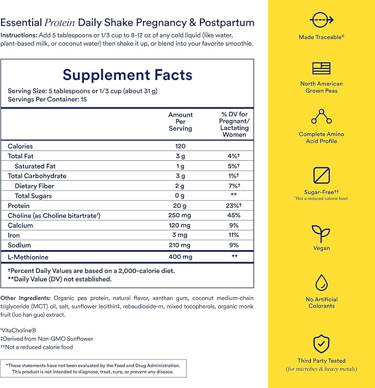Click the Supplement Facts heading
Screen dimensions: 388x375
tap(127, 75)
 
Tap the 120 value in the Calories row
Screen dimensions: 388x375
tap(180, 146)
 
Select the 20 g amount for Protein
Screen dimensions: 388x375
tap(180, 206)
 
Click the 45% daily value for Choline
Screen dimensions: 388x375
tap(234, 215)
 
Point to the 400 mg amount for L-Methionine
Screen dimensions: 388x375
tap(180, 257)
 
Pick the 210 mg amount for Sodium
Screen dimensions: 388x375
tap(180, 245)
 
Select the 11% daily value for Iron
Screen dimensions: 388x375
tap(234, 235)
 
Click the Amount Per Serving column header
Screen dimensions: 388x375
tap(180, 121)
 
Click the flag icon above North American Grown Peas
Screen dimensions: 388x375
tap(321, 68)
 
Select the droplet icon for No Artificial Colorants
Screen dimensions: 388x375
tap(321, 283)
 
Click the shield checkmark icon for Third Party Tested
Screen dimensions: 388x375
tap(321, 343)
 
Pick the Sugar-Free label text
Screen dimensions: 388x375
tap(320, 191)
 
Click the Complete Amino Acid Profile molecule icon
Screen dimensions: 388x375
tap(321, 116)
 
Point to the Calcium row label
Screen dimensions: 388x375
tap(20, 225)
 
